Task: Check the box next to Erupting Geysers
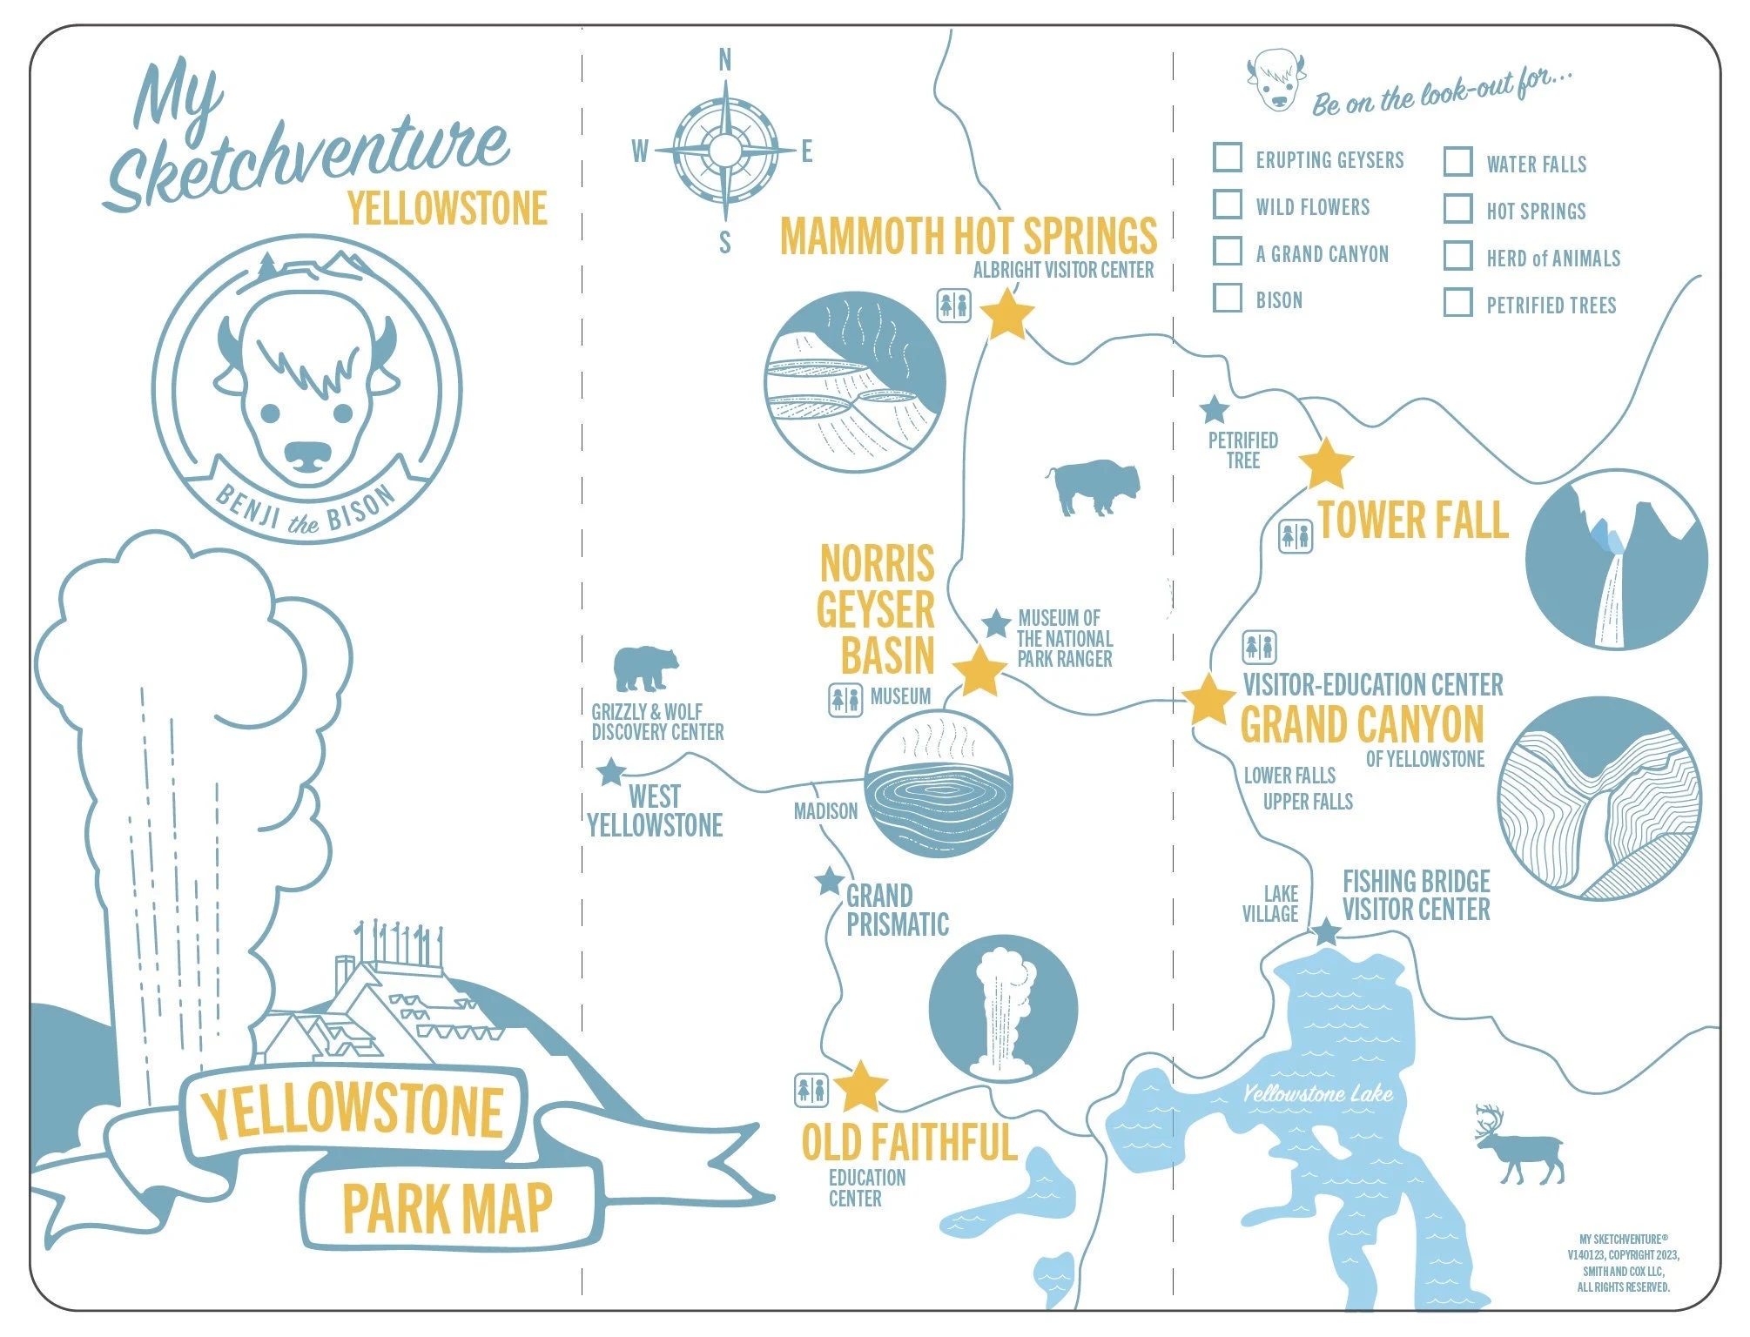pos(1228,158)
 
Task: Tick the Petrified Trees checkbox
pos(1458,302)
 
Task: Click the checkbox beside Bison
pos(1228,297)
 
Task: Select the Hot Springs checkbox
pos(1458,208)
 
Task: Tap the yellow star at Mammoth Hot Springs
pos(1007,314)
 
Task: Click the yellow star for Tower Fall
pos(1326,465)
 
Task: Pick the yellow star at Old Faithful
pos(861,1087)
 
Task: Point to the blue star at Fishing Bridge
pos(1326,932)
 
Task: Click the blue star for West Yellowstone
pos(611,772)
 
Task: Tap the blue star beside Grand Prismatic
pos(829,881)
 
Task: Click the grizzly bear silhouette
pos(645,668)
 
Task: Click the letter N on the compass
pos(724,60)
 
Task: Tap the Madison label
pos(825,811)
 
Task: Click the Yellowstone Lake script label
pos(1317,1094)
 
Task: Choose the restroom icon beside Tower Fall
pos(1296,535)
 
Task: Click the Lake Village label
pos(1271,904)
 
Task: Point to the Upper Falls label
pos(1308,801)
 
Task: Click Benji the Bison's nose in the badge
pos(308,454)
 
